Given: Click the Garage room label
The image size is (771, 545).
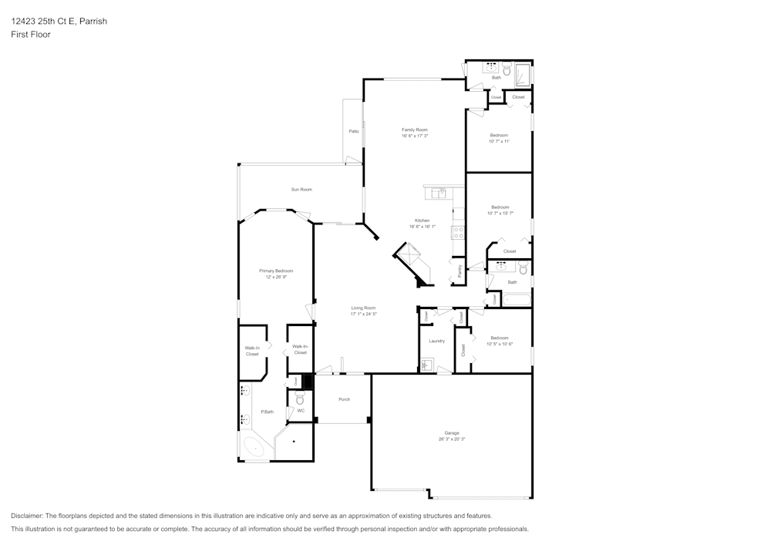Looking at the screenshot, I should tap(451, 432).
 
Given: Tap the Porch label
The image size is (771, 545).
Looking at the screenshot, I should tap(345, 399).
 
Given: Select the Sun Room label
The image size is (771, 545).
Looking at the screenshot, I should tap(301, 189).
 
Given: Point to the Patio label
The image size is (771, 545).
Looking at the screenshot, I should tap(354, 131).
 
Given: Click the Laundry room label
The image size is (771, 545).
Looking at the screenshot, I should tap(436, 341).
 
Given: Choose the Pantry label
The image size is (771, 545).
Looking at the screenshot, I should tap(460, 271).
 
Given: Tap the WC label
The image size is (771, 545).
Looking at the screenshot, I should tap(301, 410).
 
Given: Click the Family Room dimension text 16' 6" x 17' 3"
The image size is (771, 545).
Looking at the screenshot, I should tap(414, 136).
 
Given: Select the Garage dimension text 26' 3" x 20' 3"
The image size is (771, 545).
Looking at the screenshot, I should tap(451, 439).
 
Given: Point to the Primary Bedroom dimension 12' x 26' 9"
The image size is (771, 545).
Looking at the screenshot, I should tap(276, 277).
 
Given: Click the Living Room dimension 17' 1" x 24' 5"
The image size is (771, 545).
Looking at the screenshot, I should tap(363, 314).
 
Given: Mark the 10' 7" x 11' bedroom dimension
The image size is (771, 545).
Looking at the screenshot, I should tap(499, 141).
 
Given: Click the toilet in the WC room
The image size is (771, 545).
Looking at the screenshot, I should tap(300, 399).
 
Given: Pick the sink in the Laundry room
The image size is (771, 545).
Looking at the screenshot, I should tap(426, 365).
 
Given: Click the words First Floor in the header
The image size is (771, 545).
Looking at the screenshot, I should tap(31, 35).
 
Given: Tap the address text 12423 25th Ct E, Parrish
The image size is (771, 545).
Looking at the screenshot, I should tap(59, 22).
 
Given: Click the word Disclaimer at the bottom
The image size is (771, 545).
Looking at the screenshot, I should tap(27, 516).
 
